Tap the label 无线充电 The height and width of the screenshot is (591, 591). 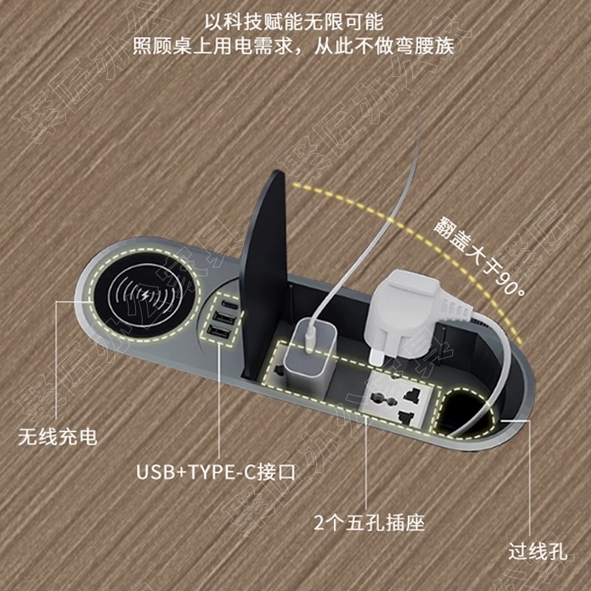pos(58,437)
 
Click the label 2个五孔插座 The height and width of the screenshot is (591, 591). pos(370,524)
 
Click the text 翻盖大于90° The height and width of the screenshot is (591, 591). pos(479,252)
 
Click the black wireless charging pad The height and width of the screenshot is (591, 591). pos(148,298)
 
